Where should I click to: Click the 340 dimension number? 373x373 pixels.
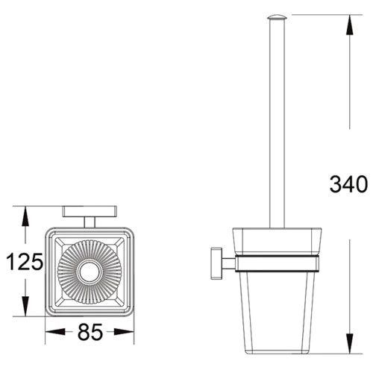[348, 184]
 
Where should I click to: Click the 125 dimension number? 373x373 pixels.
[25, 262]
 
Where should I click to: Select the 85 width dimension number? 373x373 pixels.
[90, 332]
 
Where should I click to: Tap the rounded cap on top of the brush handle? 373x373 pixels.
[278, 17]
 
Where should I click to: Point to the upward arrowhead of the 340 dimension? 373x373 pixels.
[350, 25]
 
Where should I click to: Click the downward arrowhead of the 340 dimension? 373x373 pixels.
[350, 343]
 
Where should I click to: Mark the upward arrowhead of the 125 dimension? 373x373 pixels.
[25, 216]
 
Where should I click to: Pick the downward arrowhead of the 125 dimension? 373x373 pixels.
[25, 307]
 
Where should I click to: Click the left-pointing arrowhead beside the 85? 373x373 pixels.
[55, 332]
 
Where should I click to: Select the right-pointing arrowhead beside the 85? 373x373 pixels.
[124, 332]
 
